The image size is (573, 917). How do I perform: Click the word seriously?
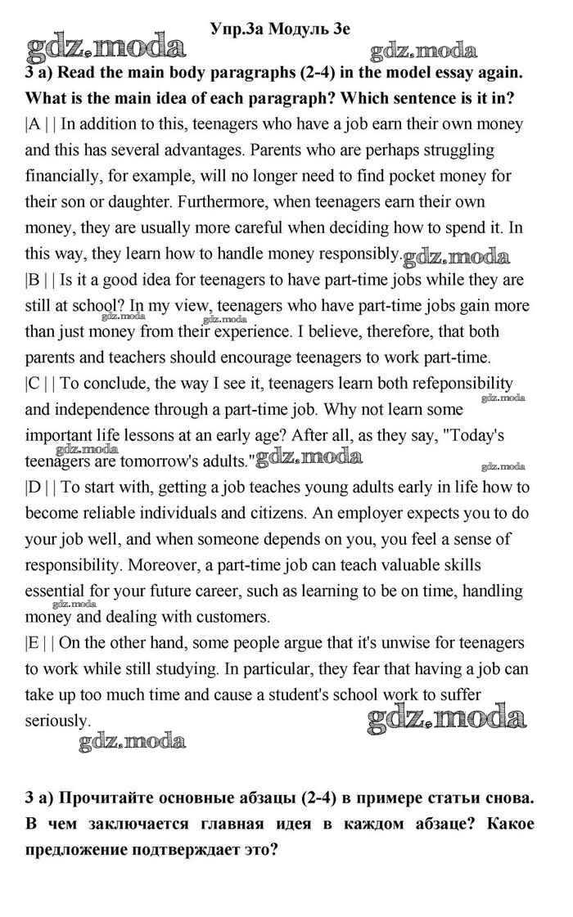[x=57, y=721]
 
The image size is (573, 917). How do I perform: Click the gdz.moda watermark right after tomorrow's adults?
[x=309, y=457]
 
